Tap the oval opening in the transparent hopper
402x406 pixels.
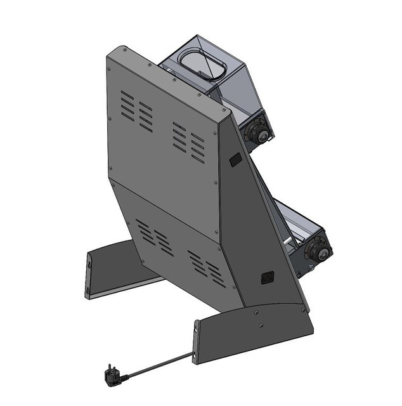coord(198,63)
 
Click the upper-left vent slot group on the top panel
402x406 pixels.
coord(136,110)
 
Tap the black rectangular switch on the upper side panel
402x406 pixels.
coord(235,159)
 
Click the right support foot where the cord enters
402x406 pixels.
coord(254,333)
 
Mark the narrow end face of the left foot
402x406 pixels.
coord(88,274)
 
